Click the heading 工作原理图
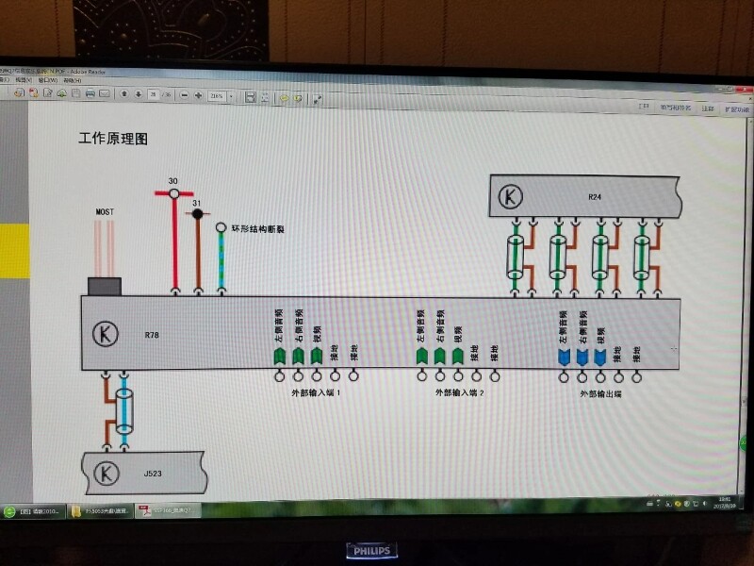113,139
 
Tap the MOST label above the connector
105,212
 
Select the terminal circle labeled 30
173,193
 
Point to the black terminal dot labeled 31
197,214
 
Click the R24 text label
594,197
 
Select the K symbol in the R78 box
105,333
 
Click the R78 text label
152,334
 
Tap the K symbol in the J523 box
107,471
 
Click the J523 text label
153,472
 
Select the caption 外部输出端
600,391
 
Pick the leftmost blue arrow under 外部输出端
564,356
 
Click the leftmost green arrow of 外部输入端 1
279,355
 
